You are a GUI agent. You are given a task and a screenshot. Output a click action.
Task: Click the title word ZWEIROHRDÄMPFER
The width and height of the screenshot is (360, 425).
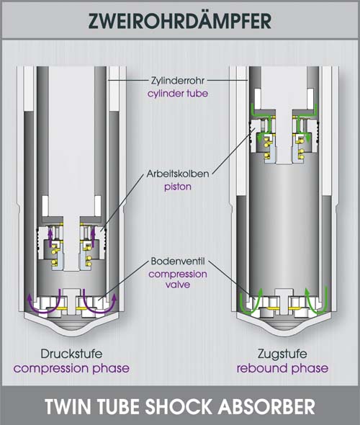point(179,21)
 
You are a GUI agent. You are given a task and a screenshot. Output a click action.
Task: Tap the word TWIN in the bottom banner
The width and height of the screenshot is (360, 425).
point(66,406)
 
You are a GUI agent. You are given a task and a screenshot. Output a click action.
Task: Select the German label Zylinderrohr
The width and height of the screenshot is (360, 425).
point(178,81)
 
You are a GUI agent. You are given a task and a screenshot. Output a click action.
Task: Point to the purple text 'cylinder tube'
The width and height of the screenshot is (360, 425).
point(178,94)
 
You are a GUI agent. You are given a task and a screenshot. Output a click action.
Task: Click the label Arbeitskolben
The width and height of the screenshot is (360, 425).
point(178,174)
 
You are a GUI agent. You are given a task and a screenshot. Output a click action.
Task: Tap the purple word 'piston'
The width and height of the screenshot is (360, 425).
point(178,187)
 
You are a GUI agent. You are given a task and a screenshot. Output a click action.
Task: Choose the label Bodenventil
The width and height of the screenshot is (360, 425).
point(178,261)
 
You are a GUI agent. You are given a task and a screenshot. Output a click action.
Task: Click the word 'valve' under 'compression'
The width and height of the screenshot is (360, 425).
point(178,285)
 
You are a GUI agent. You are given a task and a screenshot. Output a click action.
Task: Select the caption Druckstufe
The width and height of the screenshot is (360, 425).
point(71,354)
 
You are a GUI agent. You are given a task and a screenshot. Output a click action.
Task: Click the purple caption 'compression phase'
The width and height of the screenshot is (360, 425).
point(71,368)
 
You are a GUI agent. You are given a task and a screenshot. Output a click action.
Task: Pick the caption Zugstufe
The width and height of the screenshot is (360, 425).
point(282,354)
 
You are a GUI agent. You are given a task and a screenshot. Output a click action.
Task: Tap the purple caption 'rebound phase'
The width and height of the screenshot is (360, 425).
point(282,368)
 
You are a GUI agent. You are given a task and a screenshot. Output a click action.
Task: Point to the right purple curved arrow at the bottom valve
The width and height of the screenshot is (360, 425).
point(99,311)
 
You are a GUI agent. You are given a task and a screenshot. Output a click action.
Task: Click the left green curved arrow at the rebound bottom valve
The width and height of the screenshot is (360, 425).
point(248,311)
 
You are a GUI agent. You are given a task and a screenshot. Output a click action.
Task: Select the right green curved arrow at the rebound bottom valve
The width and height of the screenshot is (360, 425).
point(316,311)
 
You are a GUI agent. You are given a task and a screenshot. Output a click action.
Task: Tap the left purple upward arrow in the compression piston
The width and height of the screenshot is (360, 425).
point(50,237)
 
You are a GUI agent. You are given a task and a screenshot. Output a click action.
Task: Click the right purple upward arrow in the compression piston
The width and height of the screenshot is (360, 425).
point(93,237)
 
